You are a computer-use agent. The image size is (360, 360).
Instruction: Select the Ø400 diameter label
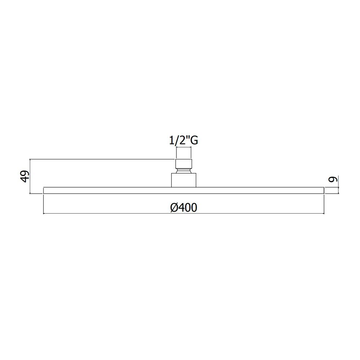(x=184, y=208)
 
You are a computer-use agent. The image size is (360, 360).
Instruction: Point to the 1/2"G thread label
(x=184, y=140)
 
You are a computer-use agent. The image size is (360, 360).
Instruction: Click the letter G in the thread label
(x=194, y=141)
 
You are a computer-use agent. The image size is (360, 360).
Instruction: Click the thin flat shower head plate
(x=184, y=190)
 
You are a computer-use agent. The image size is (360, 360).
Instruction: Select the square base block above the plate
(x=184, y=180)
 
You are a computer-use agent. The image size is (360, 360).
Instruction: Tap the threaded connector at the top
(x=184, y=163)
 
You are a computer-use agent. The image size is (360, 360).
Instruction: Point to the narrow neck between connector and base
(x=184, y=171)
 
